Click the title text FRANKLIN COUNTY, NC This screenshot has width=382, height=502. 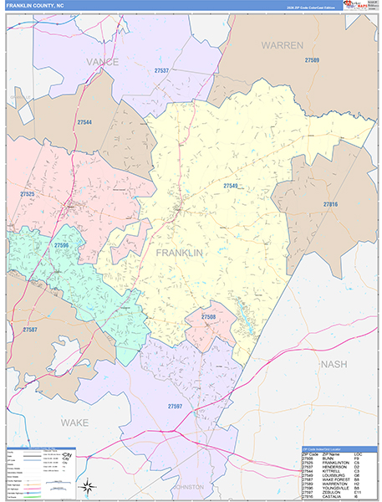click(x=35, y=5)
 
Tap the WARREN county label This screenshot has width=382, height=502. click(x=282, y=44)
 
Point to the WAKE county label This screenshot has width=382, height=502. click(x=74, y=423)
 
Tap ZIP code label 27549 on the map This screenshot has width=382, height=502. click(x=231, y=186)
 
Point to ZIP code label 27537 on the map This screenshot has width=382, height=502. click(x=161, y=70)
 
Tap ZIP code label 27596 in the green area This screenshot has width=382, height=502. click(x=61, y=245)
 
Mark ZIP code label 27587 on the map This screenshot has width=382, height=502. click(x=29, y=330)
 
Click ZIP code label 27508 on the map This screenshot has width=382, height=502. click(x=209, y=317)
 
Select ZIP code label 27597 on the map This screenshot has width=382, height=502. click(x=175, y=406)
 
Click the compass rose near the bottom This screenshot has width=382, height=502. click(x=86, y=485)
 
